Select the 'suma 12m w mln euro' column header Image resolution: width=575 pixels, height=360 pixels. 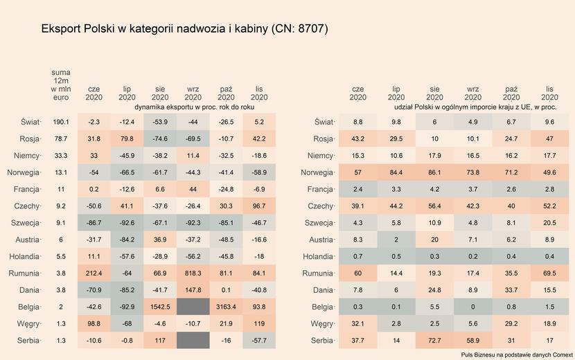60,85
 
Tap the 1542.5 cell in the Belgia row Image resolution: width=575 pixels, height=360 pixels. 160,307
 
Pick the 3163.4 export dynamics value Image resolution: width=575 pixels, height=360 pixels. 226,307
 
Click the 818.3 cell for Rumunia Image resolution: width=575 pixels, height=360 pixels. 193,273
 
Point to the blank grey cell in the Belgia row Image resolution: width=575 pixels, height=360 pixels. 193,307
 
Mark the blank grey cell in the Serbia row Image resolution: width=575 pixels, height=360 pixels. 193,341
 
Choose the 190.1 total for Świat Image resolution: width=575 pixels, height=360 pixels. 60,122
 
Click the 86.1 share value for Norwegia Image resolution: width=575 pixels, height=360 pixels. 434,172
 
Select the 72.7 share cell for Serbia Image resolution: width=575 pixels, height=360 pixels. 434,341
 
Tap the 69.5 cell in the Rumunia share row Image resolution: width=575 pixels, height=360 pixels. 549,273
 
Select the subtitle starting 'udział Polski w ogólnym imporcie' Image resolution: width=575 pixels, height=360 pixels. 475,108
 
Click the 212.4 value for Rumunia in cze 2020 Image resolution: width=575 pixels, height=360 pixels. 94,273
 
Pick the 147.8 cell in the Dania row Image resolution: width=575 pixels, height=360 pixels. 193,290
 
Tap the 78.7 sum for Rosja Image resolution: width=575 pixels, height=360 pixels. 60,138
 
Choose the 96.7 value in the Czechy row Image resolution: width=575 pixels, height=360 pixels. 259,206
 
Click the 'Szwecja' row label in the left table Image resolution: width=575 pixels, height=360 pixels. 24,223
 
